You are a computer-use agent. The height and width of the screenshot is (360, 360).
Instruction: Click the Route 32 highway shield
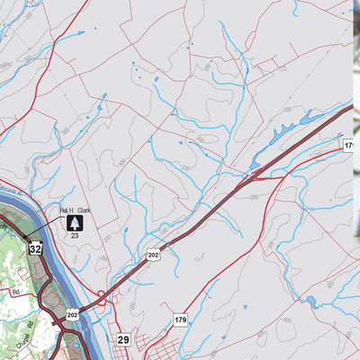[x=35, y=248]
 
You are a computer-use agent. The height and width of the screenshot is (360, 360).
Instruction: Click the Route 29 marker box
[x=124, y=339]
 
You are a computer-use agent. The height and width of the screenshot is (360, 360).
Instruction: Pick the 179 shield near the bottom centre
[x=180, y=319]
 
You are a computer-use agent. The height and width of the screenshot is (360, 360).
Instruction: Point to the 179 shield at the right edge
[x=349, y=145]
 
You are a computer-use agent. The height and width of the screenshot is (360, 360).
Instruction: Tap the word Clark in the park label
[x=84, y=210]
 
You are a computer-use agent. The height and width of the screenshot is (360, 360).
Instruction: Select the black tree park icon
[x=74, y=222]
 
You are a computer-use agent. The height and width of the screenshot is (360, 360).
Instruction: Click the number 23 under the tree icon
[x=75, y=235]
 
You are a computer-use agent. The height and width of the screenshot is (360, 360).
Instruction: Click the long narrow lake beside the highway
[x=292, y=126]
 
